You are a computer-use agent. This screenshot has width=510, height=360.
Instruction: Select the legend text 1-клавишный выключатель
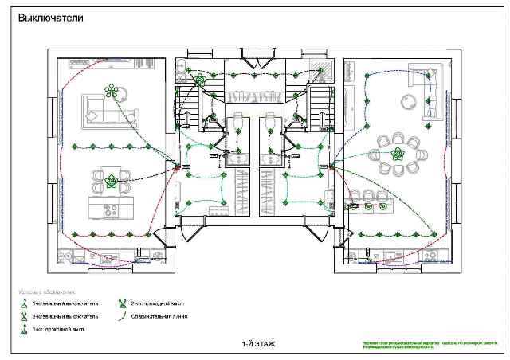coord(65,304)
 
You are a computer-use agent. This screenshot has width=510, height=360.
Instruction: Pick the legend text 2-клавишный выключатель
coord(65,316)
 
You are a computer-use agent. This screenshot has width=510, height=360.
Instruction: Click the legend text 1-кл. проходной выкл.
coord(59,328)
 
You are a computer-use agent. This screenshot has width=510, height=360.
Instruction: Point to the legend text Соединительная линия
coord(160,316)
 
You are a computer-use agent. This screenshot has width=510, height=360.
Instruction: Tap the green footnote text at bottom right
coord(398,345)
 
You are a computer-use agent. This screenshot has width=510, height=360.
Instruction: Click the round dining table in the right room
coord(399,151)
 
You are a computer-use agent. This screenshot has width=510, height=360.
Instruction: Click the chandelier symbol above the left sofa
coord(112,90)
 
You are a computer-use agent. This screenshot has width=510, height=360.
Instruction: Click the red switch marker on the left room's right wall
coord(176,166)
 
